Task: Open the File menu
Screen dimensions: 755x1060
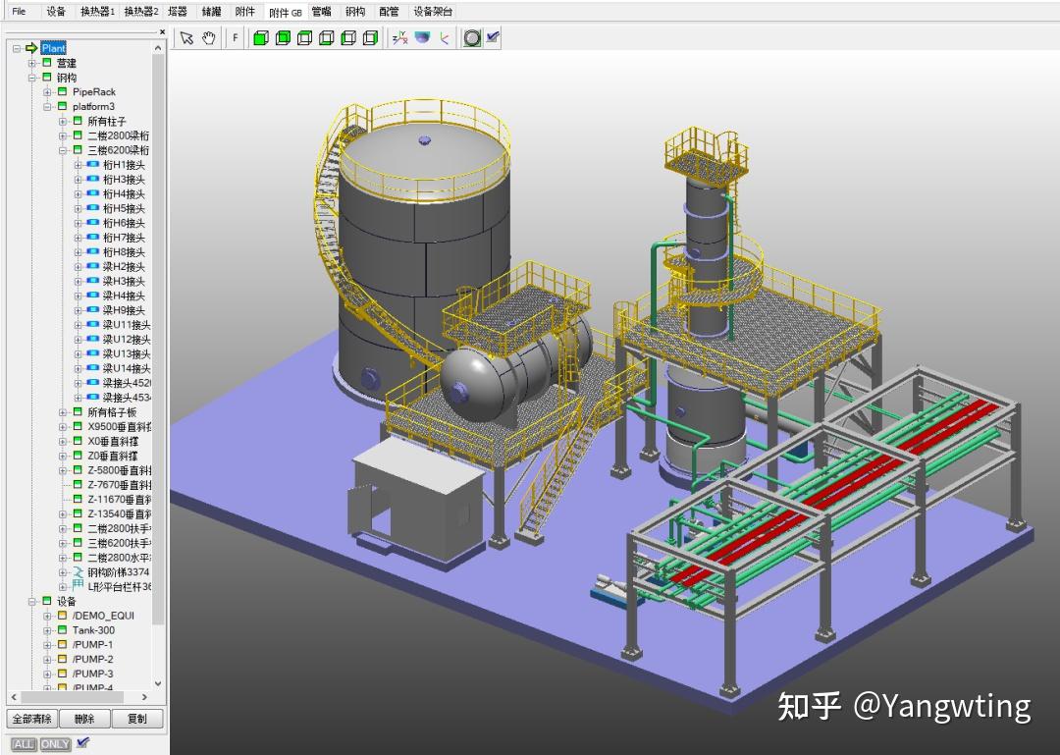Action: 19,12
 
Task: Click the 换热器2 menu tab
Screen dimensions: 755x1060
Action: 141,12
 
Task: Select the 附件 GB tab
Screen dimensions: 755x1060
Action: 285,12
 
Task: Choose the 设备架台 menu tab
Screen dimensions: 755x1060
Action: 433,12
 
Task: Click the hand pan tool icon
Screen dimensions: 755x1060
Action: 209,38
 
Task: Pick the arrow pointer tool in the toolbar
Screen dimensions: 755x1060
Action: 186,38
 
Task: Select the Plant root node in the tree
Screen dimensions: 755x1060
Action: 53,48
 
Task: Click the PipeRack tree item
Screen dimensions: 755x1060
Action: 93,92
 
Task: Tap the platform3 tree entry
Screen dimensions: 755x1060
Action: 93,107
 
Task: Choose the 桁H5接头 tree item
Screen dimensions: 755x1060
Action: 124,209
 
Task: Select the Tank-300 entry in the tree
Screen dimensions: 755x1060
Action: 93,630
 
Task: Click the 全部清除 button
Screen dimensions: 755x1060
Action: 32,719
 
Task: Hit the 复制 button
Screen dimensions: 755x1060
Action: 137,719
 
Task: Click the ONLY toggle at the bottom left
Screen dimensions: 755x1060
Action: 55,744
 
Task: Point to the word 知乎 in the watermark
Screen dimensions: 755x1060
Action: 809,706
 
